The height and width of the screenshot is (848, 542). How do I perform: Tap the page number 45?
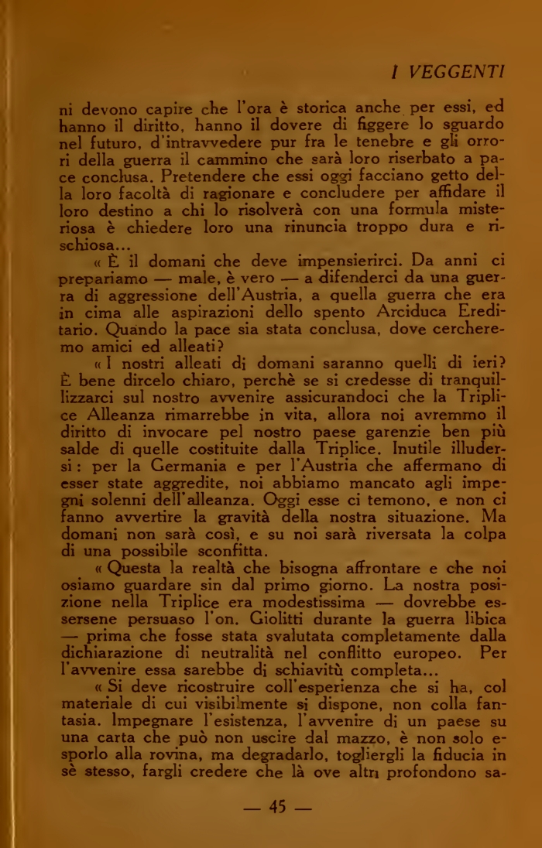pos(277,807)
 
